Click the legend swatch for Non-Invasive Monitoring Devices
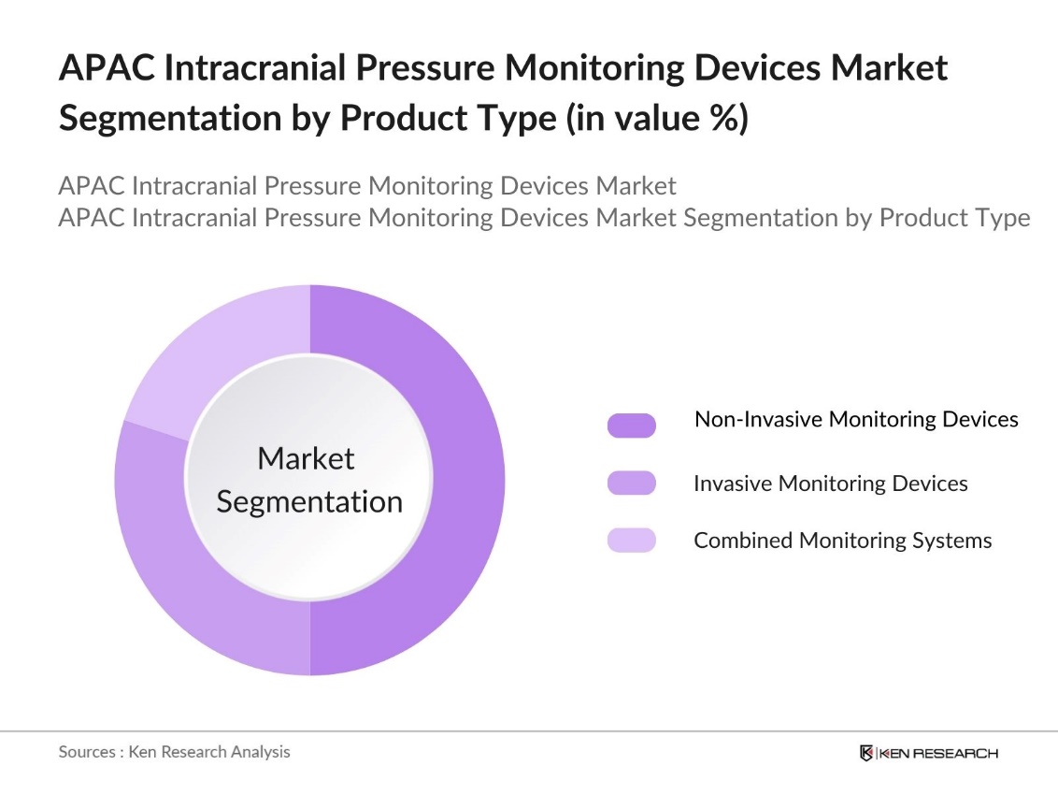631,426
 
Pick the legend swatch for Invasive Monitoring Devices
631,484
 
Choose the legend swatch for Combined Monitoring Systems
631,540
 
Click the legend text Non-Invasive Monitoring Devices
856,419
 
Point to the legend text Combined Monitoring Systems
842,541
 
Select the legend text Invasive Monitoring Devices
830,484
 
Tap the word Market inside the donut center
306,458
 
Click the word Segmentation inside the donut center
309,501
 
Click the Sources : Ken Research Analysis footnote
175,752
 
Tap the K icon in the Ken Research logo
866,753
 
